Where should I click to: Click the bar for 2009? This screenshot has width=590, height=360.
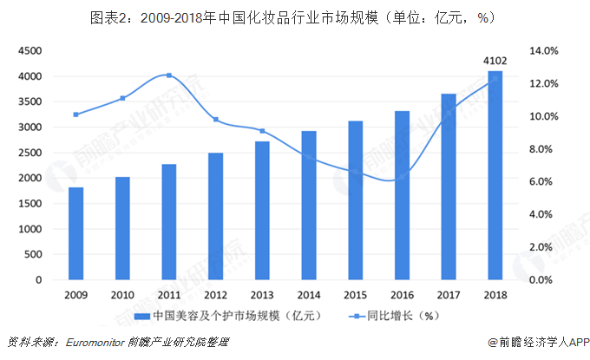click(76, 233)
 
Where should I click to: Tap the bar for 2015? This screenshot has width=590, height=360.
click(356, 200)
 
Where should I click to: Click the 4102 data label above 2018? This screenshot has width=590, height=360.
click(495, 61)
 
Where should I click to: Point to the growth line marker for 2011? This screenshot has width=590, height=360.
click(168, 75)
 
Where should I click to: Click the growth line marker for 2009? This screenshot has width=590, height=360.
click(76, 115)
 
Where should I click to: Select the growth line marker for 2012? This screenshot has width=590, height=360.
click(216, 120)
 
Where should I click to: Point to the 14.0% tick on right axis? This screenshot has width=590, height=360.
click(543, 51)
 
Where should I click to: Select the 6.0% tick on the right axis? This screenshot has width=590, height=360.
click(543, 182)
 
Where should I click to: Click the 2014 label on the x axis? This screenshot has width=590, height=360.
click(309, 295)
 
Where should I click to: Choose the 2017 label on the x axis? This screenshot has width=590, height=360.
click(449, 295)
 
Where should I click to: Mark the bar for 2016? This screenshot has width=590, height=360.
click(402, 195)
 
